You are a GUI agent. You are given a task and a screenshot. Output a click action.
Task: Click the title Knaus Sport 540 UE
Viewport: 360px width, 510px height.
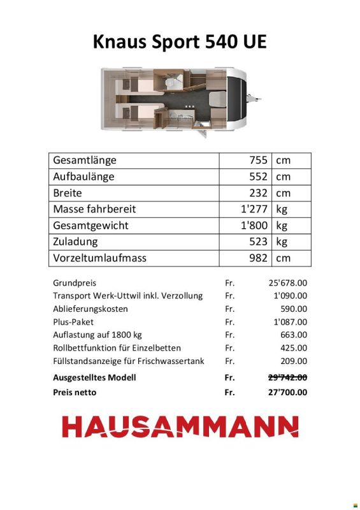tap(180, 42)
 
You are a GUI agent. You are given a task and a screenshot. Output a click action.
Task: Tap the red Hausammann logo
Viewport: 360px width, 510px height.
tap(180, 426)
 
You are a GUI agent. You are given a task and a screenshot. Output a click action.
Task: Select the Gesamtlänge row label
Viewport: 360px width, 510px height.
tap(85, 160)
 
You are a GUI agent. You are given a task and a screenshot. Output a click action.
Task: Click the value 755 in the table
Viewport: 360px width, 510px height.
tap(258, 160)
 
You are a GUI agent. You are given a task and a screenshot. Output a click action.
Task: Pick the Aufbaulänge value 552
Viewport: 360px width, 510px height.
tap(258, 177)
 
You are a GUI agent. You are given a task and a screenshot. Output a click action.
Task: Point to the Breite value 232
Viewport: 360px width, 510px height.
tap(258, 193)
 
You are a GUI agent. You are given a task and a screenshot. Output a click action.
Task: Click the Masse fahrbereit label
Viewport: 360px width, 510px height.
tap(94, 209)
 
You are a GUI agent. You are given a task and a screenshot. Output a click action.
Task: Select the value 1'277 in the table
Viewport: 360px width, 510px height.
tap(254, 209)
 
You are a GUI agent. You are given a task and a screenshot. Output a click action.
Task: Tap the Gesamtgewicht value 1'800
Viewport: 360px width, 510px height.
tap(254, 226)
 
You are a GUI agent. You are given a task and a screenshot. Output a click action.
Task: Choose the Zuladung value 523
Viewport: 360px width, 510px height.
tap(258, 242)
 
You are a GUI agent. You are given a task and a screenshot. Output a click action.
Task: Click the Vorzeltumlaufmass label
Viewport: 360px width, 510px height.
tap(100, 258)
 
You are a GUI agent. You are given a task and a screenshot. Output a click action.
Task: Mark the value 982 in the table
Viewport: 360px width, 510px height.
tap(258, 258)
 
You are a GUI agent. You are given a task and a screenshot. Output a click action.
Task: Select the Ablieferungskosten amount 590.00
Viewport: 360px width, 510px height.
tap(294, 309)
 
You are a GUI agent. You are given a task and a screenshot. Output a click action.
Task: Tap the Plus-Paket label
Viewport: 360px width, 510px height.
tap(73, 322)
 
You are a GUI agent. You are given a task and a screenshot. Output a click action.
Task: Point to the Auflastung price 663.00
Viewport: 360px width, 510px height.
tap(294, 335)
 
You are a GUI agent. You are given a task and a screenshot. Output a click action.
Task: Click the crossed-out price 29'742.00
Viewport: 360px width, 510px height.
tap(287, 377)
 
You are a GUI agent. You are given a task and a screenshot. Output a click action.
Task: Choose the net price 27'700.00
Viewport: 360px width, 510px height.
tap(287, 392)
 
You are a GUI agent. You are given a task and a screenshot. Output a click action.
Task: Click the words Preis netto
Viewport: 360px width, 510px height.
tap(75, 392)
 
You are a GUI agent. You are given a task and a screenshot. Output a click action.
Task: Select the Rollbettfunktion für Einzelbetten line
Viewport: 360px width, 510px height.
tap(117, 348)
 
